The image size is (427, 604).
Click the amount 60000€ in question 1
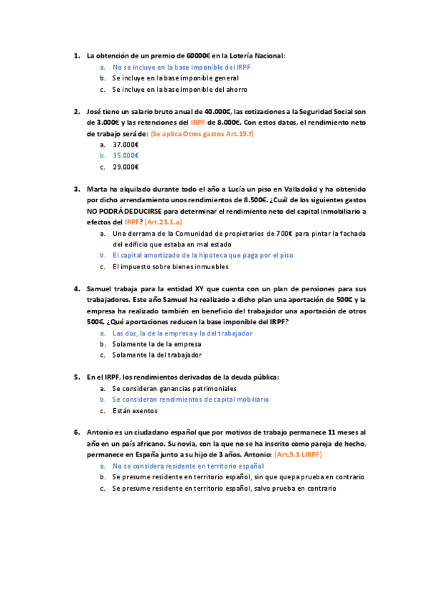pyautogui.click(x=198, y=55)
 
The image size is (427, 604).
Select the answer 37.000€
pyautogui.click(x=125, y=144)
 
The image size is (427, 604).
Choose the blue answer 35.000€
pyautogui.click(x=125, y=155)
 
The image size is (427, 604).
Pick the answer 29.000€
pyautogui.click(x=125, y=167)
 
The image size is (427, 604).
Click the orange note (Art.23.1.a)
pyautogui.click(x=163, y=222)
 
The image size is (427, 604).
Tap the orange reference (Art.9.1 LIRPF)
pyautogui.click(x=303, y=454)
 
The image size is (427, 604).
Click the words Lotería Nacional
pyautogui.click(x=259, y=55)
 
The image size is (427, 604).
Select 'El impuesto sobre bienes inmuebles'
pyautogui.click(x=170, y=266)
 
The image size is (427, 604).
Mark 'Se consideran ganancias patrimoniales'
pyautogui.click(x=174, y=388)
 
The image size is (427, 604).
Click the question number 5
pyautogui.click(x=76, y=377)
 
